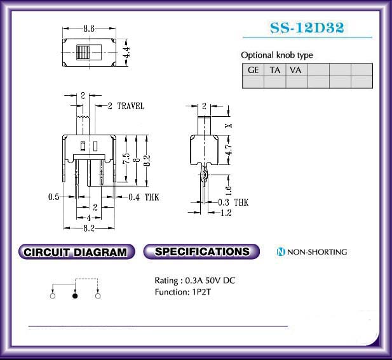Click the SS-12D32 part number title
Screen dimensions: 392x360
tap(308, 27)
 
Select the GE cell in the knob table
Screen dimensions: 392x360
tap(253, 70)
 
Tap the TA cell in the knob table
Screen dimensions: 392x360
tap(274, 70)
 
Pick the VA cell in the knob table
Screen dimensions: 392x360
tap(295, 70)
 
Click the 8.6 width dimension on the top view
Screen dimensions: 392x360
tap(89, 29)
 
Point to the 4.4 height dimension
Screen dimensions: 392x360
tap(126, 52)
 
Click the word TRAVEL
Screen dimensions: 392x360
tap(131, 106)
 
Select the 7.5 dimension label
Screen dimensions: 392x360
tap(126, 158)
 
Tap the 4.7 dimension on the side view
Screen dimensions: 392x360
tap(229, 150)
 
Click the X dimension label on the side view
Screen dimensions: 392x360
tap(229, 126)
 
